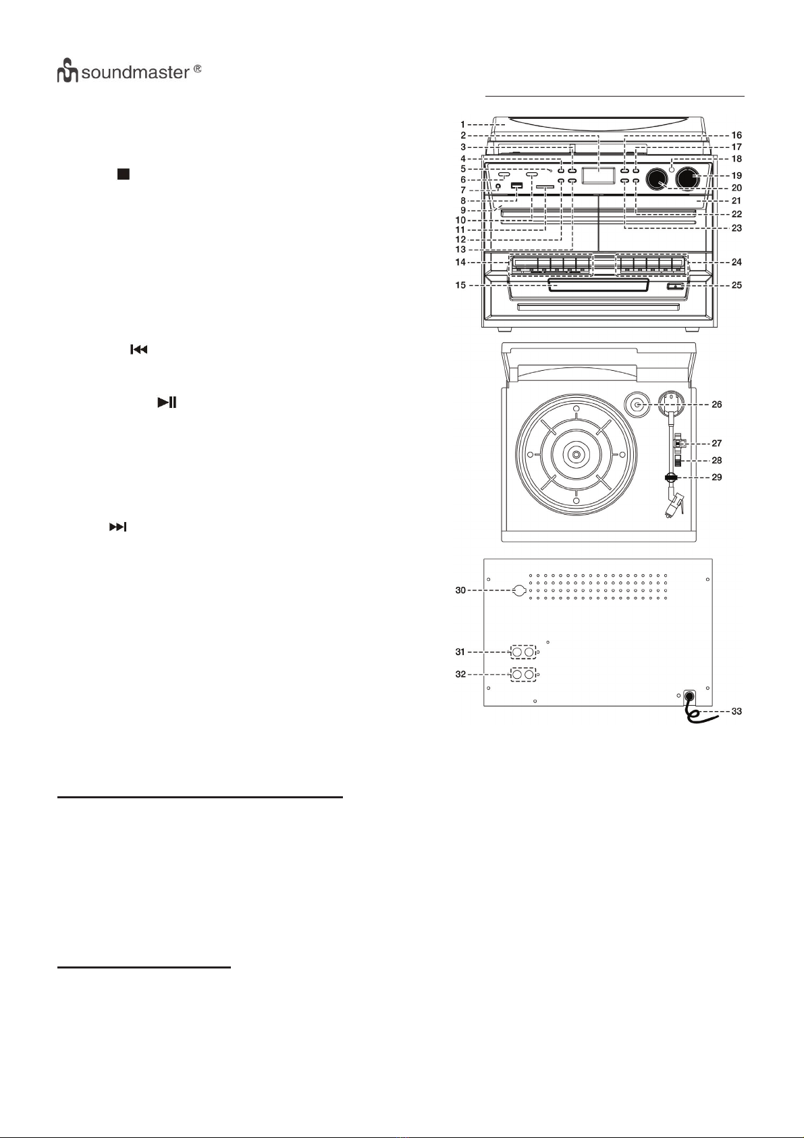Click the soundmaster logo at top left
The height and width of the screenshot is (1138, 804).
tap(128, 72)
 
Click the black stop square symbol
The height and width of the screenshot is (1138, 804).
tap(123, 174)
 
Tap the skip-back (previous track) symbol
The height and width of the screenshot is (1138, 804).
tap(138, 350)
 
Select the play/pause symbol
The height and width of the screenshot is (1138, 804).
tap(167, 403)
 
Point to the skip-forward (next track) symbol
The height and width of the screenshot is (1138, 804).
tap(117, 527)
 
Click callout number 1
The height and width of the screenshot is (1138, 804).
tap(463, 124)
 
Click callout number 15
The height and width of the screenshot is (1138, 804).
tap(460, 285)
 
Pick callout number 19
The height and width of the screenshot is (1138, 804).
tap(736, 176)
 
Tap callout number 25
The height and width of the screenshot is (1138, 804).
tap(736, 285)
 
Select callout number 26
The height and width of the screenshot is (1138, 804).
tap(716, 405)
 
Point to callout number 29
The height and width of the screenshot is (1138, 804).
tap(716, 477)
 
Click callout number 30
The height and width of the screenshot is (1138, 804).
tap(460, 590)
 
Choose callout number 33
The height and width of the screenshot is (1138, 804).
tap(736, 711)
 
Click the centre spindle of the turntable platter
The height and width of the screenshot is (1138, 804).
tap(575, 455)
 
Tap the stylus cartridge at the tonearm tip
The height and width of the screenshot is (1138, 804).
tap(676, 507)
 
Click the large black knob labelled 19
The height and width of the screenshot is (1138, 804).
tap(687, 178)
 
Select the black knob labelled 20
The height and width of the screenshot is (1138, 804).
tap(656, 179)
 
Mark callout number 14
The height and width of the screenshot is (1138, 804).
tap(460, 262)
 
